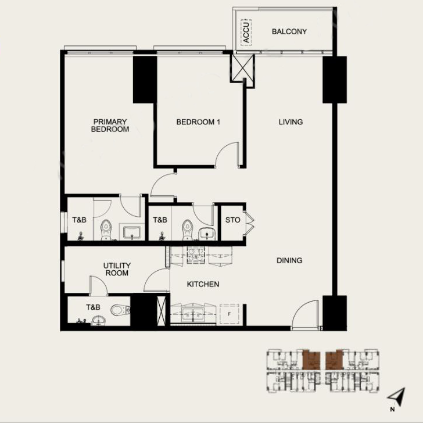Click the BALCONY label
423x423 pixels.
click(x=289, y=31)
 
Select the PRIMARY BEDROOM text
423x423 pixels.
click(x=109, y=126)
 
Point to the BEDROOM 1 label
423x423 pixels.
click(x=198, y=122)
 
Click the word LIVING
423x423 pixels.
click(x=291, y=122)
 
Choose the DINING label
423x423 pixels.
click(x=289, y=260)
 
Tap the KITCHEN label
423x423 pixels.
click(x=203, y=284)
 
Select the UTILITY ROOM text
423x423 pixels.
click(x=117, y=269)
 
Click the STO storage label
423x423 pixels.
click(x=232, y=220)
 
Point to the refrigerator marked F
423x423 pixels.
click(x=230, y=313)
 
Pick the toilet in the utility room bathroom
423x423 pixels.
click(x=120, y=310)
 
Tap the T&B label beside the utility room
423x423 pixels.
click(x=92, y=307)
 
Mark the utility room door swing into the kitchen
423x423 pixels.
click(x=157, y=281)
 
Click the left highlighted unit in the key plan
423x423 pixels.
click(x=312, y=361)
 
